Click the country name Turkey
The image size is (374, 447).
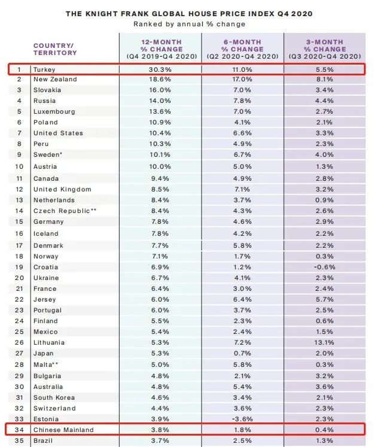(x=44, y=69)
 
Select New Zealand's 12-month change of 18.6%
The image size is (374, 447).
(x=160, y=79)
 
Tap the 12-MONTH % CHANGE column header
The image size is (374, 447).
(x=162, y=49)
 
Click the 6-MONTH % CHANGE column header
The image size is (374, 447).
(x=242, y=49)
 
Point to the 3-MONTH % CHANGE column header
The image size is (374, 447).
(x=325, y=49)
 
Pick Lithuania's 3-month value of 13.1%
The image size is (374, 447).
(x=324, y=342)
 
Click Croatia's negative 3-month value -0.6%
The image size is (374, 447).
(x=324, y=267)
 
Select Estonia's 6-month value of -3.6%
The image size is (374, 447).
(x=242, y=419)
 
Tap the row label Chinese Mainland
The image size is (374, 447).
(x=63, y=430)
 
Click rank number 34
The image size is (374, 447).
(x=19, y=430)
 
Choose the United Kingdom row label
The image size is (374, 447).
(x=62, y=189)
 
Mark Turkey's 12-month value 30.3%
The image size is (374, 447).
(x=160, y=69)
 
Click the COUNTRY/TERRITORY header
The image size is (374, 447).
(x=55, y=49)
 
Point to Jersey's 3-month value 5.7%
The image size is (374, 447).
(x=324, y=299)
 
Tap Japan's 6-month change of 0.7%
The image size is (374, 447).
(x=242, y=353)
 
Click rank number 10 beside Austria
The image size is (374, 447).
(x=19, y=166)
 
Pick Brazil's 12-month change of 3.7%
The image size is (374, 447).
(x=160, y=441)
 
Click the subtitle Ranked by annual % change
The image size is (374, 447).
(x=189, y=24)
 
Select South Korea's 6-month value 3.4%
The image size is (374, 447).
(x=242, y=397)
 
